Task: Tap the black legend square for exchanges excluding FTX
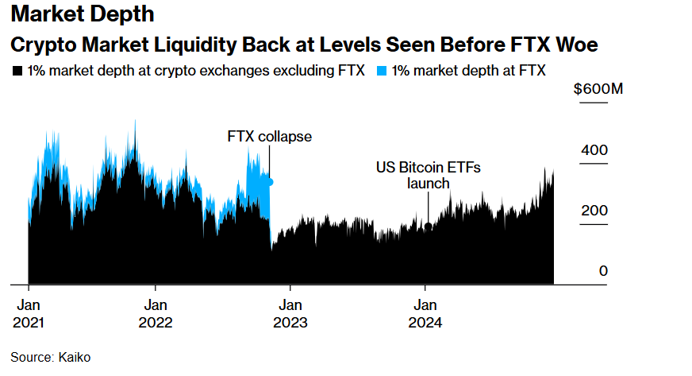click(17, 71)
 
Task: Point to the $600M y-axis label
click(598, 89)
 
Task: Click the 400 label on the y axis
click(597, 150)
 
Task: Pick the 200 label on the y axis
click(597, 211)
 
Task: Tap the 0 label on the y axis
click(603, 271)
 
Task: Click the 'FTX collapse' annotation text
click(269, 137)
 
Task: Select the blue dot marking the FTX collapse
click(269, 182)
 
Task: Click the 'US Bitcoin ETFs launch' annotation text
click(429, 176)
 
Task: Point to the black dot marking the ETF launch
click(429, 227)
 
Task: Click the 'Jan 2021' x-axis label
click(29, 313)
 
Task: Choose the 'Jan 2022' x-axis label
click(156, 313)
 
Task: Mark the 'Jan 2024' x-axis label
click(425, 313)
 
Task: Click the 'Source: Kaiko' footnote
click(51, 358)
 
